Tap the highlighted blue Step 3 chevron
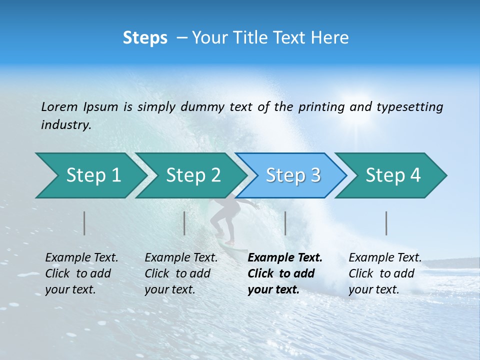[293, 175]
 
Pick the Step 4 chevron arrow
[393, 175]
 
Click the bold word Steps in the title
[145, 38]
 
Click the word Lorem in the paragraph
[59, 106]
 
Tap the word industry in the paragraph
[65, 125]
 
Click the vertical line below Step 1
[84, 223]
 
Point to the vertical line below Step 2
[184, 223]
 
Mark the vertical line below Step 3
[285, 223]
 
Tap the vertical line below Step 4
[386, 223]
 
